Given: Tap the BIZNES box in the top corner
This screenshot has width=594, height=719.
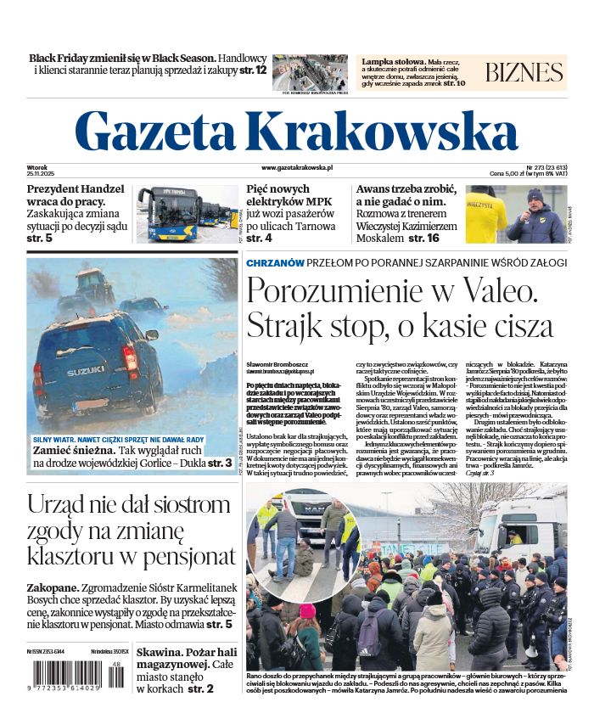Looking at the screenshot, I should coord(524,72).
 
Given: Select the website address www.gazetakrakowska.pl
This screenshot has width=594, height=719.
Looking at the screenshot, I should coord(297,169).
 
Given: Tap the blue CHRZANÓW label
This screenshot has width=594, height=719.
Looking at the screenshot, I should coord(275,263).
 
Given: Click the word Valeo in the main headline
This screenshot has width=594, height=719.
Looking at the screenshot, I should coord(493,291).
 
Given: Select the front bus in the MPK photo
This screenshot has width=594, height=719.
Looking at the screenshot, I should coord(171,216).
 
